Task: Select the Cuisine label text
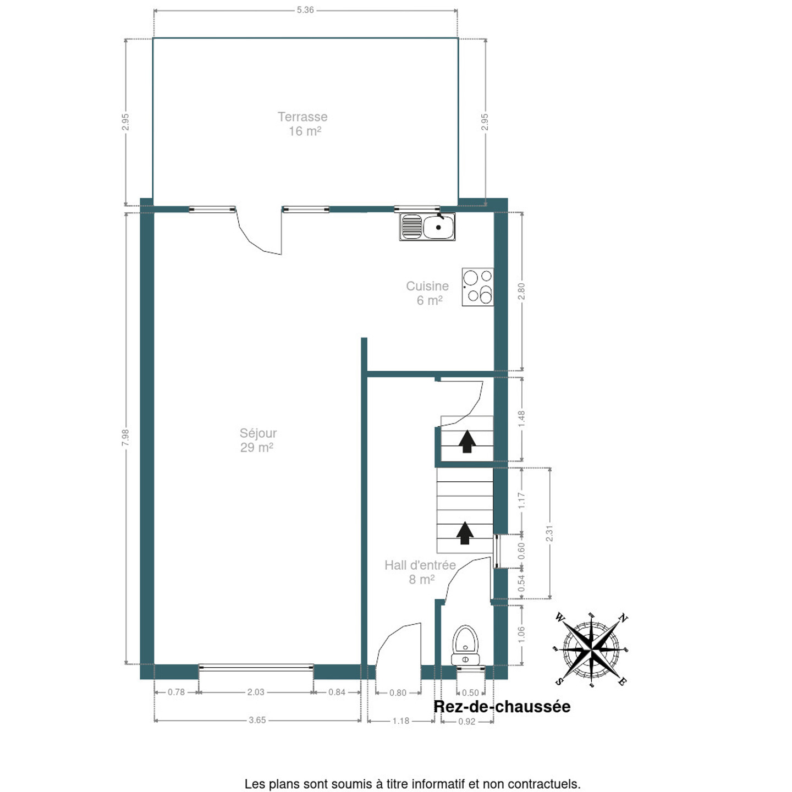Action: coord(427,285)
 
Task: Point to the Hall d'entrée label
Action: coord(420,565)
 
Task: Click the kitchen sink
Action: coord(427,227)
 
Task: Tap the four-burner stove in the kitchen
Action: coord(477,287)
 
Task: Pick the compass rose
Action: coord(591,650)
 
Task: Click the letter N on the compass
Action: coord(623,618)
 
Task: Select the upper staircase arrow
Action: coord(468,442)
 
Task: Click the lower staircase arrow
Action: coord(465,533)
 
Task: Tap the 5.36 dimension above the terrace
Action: coord(305,10)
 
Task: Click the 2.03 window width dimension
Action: coord(256,692)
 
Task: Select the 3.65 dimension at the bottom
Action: coord(257,720)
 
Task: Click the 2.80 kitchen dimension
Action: coord(521,292)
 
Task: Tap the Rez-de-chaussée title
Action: coord(502,707)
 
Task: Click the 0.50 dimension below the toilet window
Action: coord(471,692)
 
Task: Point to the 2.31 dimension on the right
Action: coord(549,533)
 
